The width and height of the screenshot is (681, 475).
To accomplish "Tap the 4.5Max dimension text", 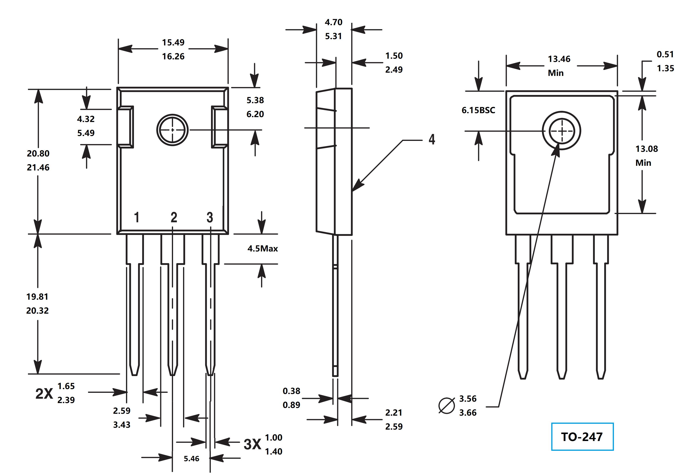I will click(262, 248).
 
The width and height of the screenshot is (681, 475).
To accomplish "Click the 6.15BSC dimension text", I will click(478, 110).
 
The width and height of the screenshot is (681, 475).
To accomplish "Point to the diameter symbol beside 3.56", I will click(446, 405).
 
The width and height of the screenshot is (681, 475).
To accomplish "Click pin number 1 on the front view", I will click(137, 217).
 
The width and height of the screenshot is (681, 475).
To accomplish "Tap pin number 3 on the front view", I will click(210, 217).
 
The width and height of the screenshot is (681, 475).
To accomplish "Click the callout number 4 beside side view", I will click(432, 139).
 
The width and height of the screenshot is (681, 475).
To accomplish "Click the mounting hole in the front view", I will click(172, 130).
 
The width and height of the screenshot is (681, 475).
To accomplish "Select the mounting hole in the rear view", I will click(562, 130).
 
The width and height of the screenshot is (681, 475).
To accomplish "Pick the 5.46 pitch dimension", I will click(191, 459).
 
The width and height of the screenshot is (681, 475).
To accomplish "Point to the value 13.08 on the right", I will click(646, 149).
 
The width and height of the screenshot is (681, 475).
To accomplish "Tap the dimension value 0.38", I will click(291, 391).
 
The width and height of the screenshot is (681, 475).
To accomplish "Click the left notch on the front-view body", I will click(125, 127).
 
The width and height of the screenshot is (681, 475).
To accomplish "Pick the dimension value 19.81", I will click(37, 296).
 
